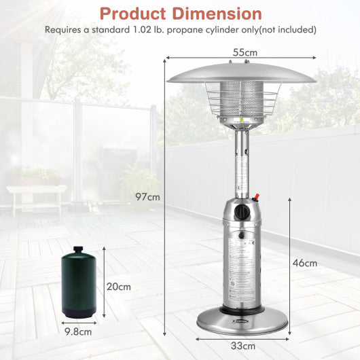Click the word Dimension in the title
pos(219,13)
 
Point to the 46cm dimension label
pos(306,263)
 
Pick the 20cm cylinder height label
pos(120,286)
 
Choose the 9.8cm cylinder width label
pos(79,332)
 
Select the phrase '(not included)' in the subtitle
pos(283,30)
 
